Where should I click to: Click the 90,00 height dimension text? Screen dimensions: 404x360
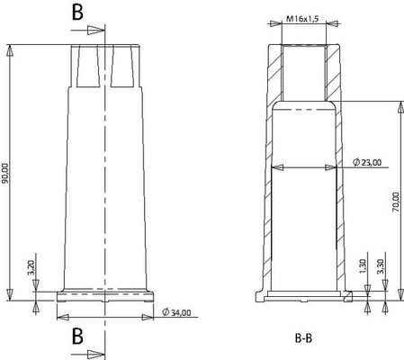[x=5, y=174]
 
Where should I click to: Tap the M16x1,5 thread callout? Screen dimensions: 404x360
[x=302, y=19]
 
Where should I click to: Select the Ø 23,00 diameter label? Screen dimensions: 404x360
[x=367, y=162]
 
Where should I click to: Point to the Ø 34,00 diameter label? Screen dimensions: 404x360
[x=176, y=312]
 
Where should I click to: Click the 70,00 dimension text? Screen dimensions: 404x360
[x=396, y=202]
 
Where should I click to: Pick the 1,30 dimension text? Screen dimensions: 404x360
[x=363, y=266]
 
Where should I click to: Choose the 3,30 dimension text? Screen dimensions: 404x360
[x=381, y=266]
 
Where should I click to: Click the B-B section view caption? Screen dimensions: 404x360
[x=303, y=338]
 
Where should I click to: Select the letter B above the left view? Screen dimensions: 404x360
[x=77, y=13]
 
